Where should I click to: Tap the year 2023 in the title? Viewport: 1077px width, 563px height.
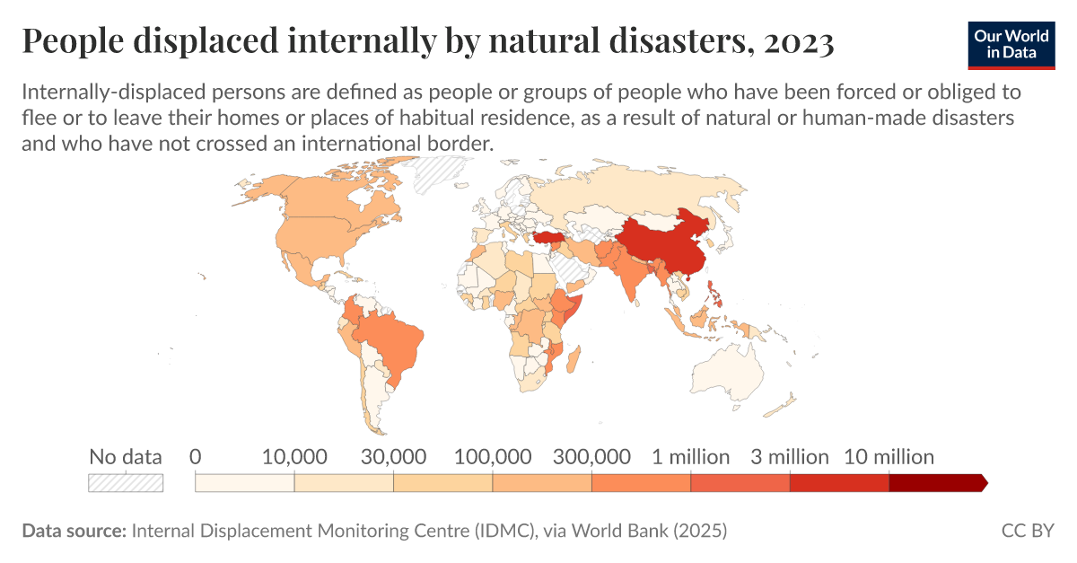[798, 41]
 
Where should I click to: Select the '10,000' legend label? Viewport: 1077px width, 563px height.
[293, 457]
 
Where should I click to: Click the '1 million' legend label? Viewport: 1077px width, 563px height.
[690, 457]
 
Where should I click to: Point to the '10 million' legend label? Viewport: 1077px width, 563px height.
[889, 457]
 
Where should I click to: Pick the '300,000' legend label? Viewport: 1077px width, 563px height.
[591, 457]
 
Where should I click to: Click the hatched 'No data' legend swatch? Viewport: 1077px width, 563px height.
[126, 483]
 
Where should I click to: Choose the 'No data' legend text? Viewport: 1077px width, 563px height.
[126, 457]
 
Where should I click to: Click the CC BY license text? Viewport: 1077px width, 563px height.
[1028, 531]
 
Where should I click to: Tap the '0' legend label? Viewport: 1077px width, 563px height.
[195, 457]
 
